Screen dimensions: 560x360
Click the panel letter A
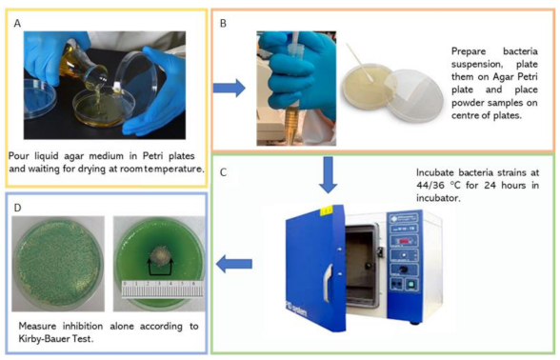(17, 23)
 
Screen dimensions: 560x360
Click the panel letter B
(223, 23)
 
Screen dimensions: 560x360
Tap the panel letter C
(223, 172)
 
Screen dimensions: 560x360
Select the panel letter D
(17, 208)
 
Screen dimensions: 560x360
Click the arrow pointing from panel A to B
(230, 88)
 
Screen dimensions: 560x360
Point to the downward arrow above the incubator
(328, 174)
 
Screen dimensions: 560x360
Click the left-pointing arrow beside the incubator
(234, 264)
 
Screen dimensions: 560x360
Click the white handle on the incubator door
(328, 282)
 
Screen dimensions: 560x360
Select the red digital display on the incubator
(404, 241)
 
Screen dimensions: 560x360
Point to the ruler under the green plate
(163, 289)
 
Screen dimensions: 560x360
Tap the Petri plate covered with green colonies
(58, 264)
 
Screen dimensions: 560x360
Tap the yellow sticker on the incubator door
(327, 211)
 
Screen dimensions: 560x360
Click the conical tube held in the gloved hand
(295, 90)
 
